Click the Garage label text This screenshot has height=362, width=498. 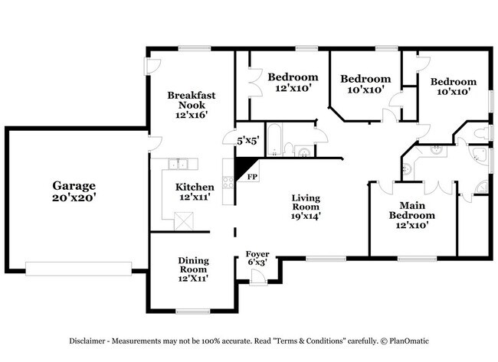click(x=74, y=185)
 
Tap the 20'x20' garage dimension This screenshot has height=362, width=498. click(x=74, y=197)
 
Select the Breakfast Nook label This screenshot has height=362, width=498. click(x=192, y=100)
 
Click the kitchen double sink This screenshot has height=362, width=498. click(x=179, y=163)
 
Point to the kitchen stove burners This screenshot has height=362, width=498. click(x=228, y=181)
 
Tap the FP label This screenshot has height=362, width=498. click(x=251, y=177)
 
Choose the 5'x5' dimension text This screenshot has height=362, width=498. click(x=247, y=141)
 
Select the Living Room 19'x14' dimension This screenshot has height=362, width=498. click(x=305, y=216)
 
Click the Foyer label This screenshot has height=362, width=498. click(x=257, y=254)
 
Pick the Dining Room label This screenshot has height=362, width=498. click(x=193, y=265)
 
